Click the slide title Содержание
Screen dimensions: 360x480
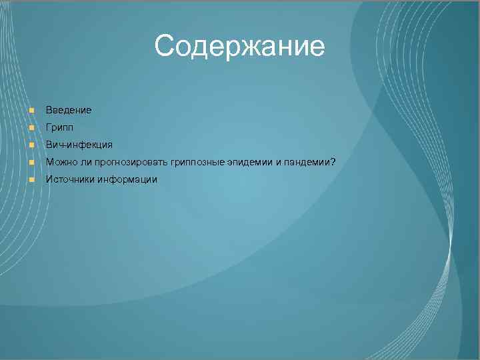click(239, 47)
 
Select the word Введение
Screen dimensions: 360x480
click(69, 109)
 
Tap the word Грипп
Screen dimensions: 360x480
click(59, 127)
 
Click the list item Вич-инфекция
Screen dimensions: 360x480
click(79, 144)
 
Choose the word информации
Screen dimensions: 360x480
click(127, 179)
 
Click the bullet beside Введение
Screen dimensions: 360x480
click(31, 109)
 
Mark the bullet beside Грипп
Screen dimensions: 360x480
click(31, 127)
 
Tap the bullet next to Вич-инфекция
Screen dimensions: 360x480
click(31, 145)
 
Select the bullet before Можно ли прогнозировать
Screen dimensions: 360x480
click(31, 162)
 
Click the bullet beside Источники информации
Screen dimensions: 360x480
click(31, 179)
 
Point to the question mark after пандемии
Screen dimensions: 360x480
click(333, 162)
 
